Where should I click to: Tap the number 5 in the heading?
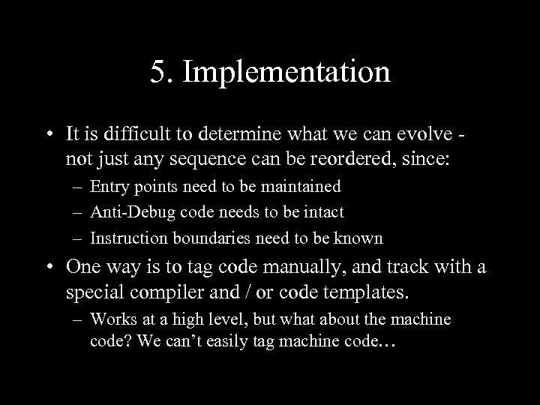tap(157, 73)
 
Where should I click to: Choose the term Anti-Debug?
tap(128, 212)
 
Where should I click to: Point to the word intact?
tap(324, 212)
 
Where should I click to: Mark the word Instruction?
tap(127, 238)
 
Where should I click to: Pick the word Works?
tap(110, 319)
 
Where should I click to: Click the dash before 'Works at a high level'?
tap(77, 319)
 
